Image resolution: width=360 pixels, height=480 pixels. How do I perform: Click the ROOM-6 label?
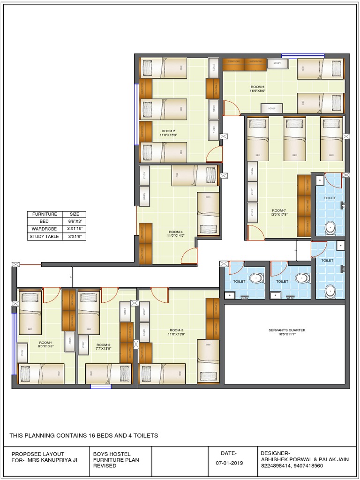click(x=258, y=87)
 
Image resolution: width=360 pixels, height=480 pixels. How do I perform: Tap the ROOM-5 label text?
click(x=168, y=131)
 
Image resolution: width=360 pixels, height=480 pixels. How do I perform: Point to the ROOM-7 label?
click(x=278, y=210)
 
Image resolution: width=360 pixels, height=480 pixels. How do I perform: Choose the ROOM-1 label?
click(x=45, y=343)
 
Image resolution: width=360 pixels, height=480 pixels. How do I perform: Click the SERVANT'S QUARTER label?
click(x=286, y=330)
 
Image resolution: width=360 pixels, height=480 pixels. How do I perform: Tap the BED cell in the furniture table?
click(x=44, y=222)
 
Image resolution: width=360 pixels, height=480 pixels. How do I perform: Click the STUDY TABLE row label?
click(x=44, y=237)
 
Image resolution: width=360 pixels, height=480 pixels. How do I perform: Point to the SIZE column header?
click(x=74, y=214)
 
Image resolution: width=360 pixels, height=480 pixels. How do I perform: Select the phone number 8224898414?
click(x=276, y=466)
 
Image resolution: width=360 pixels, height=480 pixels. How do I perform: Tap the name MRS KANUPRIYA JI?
click(x=52, y=460)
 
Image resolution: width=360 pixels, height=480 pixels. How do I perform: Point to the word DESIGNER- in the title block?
click(x=274, y=453)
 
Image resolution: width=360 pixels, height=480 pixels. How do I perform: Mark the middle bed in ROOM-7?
click(x=294, y=139)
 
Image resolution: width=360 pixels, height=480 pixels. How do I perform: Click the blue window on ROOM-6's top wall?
click(x=309, y=55)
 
